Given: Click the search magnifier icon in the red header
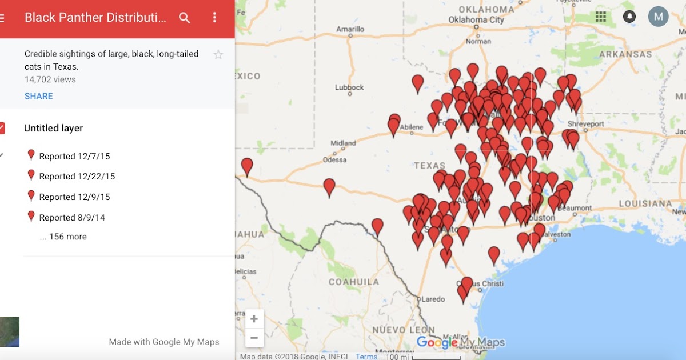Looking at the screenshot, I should tap(184, 18).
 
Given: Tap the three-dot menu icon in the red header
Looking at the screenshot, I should tap(214, 18).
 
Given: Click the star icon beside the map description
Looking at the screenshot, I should tap(218, 55).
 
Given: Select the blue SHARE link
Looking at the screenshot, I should tap(39, 96).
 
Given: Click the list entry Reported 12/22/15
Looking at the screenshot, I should tap(77, 177).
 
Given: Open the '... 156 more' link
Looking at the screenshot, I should tap(63, 237).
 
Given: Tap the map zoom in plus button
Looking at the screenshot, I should tap(254, 319).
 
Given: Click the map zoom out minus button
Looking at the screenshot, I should tap(254, 338).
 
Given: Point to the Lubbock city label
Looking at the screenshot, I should tap(349, 87).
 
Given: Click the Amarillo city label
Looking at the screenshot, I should tap(350, 29).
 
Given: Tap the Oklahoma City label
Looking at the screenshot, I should tap(476, 20).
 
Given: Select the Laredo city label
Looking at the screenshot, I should tap(433, 299).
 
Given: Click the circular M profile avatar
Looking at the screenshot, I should tap(658, 17).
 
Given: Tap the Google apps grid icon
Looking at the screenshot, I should tap(600, 17).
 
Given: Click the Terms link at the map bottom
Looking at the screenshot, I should tap(366, 357).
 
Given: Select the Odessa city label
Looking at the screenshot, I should tap(334, 160).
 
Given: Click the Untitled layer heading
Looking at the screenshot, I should tap(53, 129).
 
